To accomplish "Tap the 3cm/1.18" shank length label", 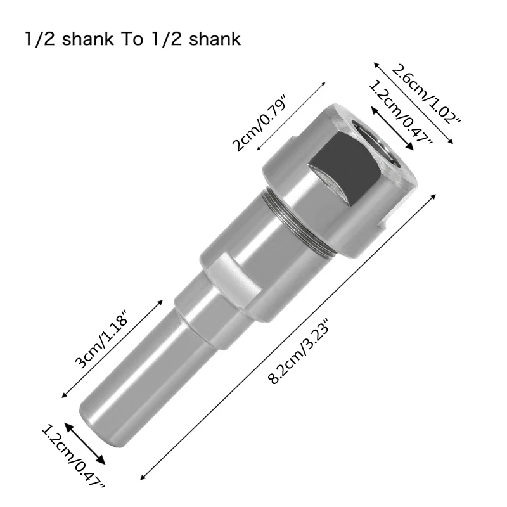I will click(x=102, y=342).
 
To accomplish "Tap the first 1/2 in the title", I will click(x=35, y=39).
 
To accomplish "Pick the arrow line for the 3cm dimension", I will click(x=111, y=348).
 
